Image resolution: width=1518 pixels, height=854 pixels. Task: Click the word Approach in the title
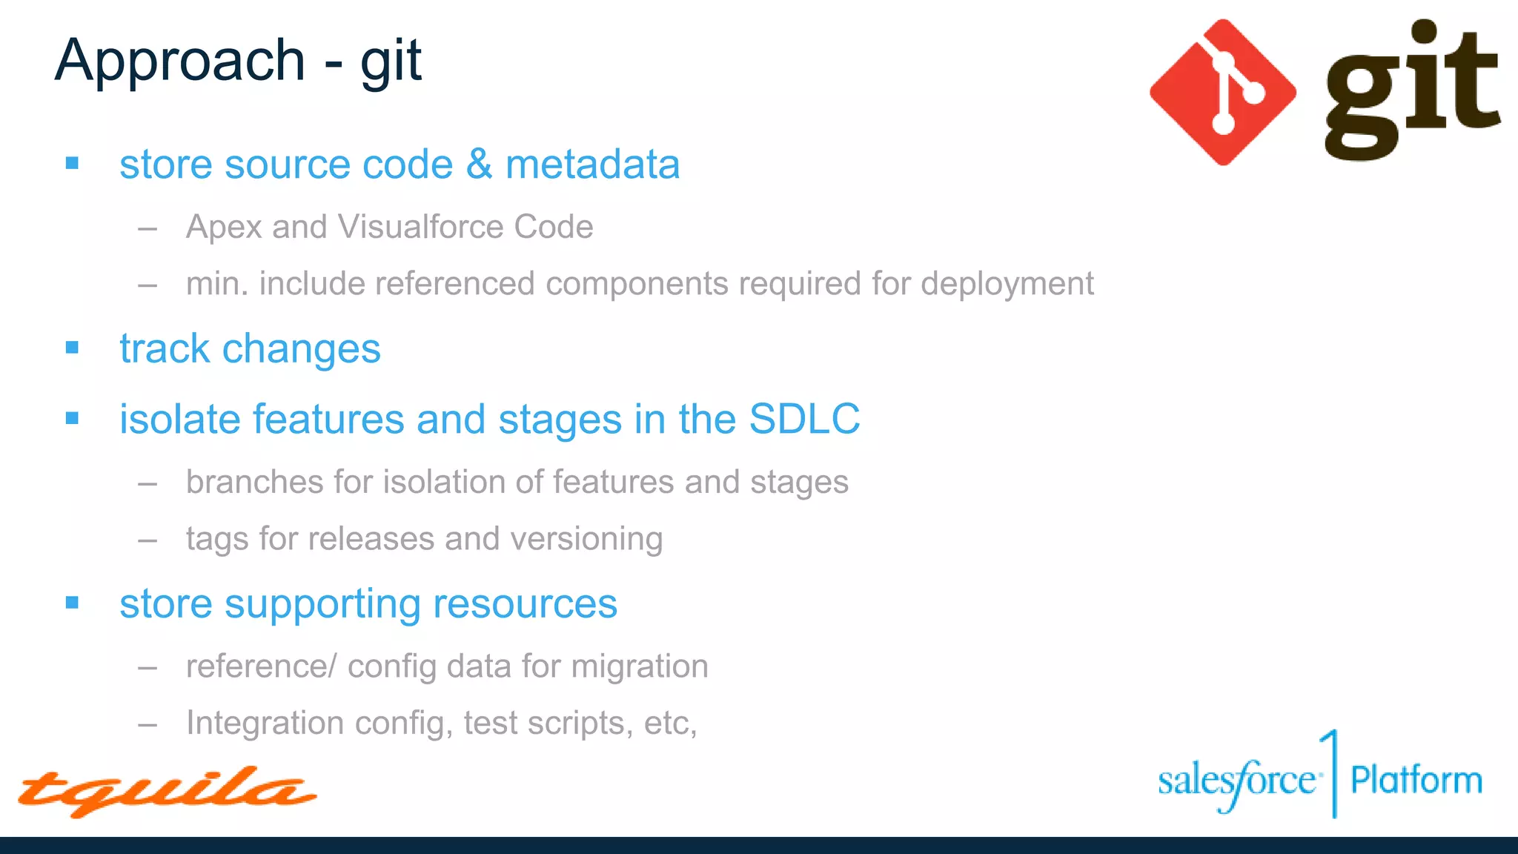tap(180, 61)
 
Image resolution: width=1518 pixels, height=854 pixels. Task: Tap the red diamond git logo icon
tap(1222, 92)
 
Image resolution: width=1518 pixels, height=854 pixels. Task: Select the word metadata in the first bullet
tap(592, 164)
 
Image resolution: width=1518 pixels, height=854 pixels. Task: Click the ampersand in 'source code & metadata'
tap(480, 164)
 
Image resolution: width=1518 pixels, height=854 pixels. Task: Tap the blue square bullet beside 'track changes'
tap(72, 348)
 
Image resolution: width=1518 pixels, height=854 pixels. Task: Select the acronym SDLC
tap(804, 419)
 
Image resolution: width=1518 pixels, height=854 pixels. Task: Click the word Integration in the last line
tap(265, 723)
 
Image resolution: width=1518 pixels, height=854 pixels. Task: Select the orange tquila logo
tap(167, 791)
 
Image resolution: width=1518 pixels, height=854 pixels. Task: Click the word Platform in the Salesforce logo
tap(1416, 781)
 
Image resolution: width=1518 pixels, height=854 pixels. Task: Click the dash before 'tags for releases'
tap(148, 540)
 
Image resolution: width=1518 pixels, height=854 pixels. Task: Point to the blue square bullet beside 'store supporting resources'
tap(72, 603)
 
